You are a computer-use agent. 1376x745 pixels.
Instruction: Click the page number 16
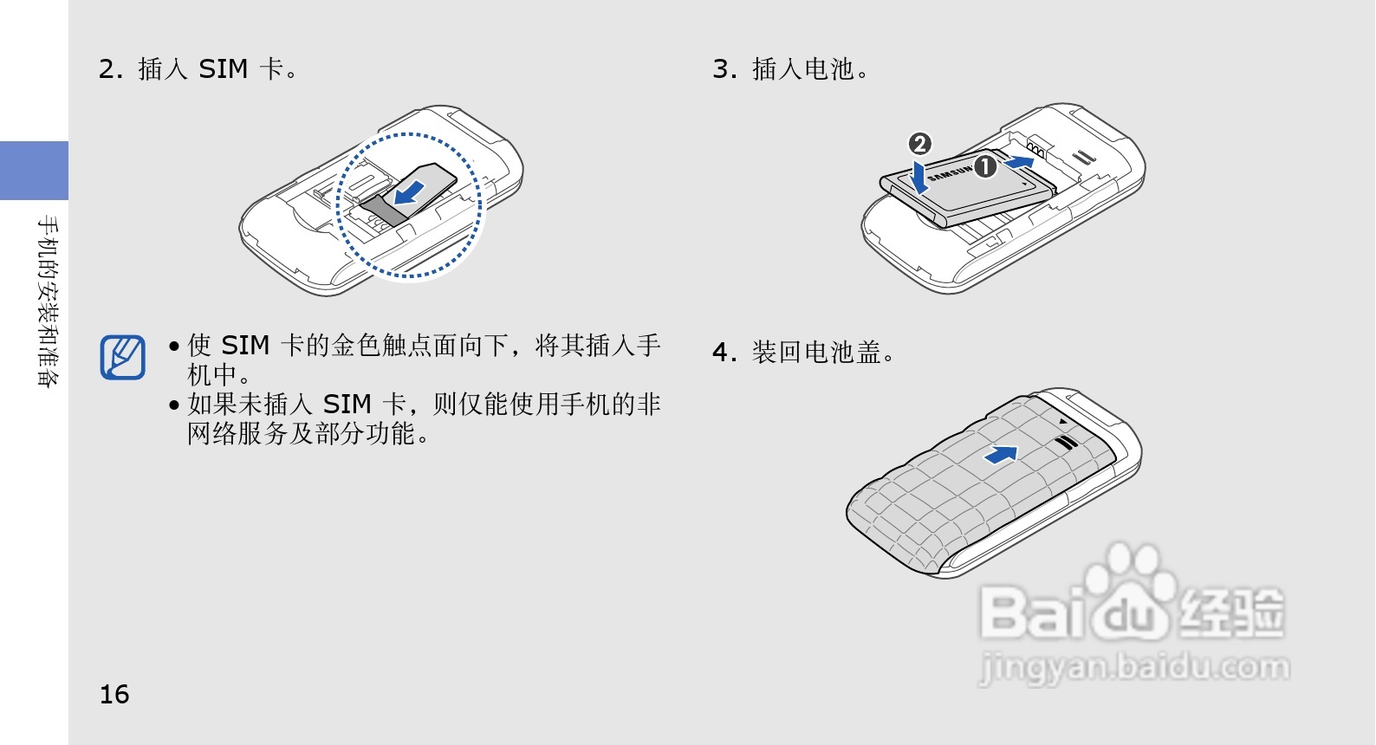click(x=114, y=694)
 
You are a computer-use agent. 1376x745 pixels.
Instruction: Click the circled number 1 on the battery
click(x=985, y=165)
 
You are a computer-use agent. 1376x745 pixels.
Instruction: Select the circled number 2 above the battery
click(x=919, y=143)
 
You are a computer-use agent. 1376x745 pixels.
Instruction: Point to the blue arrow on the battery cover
click(x=1002, y=454)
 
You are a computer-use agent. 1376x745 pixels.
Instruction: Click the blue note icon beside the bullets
click(x=122, y=357)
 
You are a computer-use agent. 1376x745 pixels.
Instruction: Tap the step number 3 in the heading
click(x=723, y=69)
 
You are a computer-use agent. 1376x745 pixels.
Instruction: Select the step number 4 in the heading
click(x=723, y=353)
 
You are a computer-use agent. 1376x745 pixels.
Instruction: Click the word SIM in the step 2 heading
click(x=223, y=69)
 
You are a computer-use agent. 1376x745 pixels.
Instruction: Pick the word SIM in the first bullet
click(x=245, y=346)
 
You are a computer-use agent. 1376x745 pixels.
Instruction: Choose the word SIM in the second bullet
click(x=347, y=405)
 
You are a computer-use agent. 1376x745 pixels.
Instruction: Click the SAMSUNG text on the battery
click(x=950, y=173)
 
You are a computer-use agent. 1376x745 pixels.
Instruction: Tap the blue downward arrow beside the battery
click(x=919, y=178)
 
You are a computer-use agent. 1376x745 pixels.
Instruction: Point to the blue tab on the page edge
click(x=34, y=171)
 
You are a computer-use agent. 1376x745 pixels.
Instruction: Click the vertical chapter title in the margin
click(x=49, y=301)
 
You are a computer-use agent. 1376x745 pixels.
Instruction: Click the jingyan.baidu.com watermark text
click(x=1134, y=668)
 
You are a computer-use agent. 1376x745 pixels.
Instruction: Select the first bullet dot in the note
click(x=175, y=347)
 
